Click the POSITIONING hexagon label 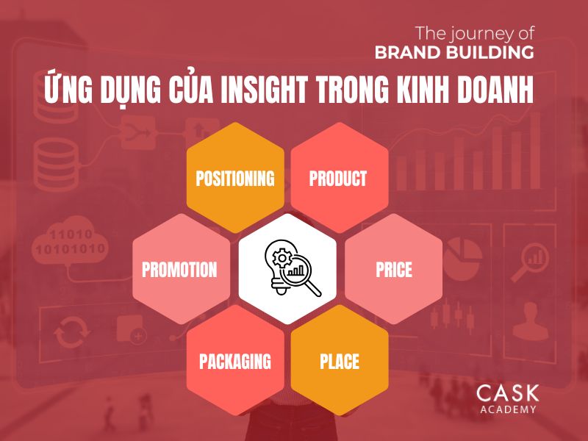[x=235, y=179]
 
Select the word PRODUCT [x=338, y=179]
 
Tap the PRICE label [x=394, y=270]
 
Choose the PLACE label [x=340, y=361]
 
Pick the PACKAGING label [x=235, y=361]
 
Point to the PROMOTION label [x=179, y=270]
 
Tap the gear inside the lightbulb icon [x=280, y=259]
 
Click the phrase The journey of [x=475, y=33]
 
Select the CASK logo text [x=507, y=392]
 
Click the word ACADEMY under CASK [x=507, y=409]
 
